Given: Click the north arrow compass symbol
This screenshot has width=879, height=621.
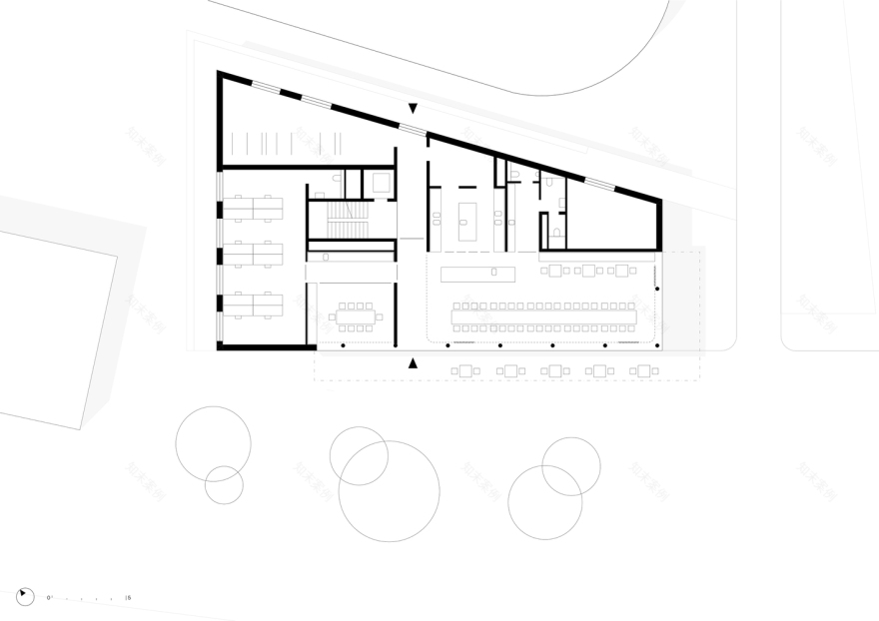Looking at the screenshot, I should (x=25, y=597).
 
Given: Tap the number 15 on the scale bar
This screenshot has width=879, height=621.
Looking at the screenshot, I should (x=129, y=597).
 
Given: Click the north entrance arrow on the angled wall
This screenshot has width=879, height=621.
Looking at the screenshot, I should (x=413, y=108).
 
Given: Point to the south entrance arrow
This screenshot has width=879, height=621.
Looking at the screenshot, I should (x=413, y=363).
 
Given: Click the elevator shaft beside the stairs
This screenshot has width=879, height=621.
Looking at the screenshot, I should (x=381, y=183).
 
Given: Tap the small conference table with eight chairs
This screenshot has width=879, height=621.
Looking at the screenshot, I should (x=357, y=315).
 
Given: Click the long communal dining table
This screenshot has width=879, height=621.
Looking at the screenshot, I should (x=543, y=315).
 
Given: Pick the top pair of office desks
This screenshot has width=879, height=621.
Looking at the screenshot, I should (x=253, y=208).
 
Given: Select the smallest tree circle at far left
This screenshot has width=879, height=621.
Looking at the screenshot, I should (x=224, y=485).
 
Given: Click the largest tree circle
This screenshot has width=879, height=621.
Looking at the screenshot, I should (x=389, y=491).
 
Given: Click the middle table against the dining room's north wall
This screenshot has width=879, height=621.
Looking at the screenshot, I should (x=588, y=270).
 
